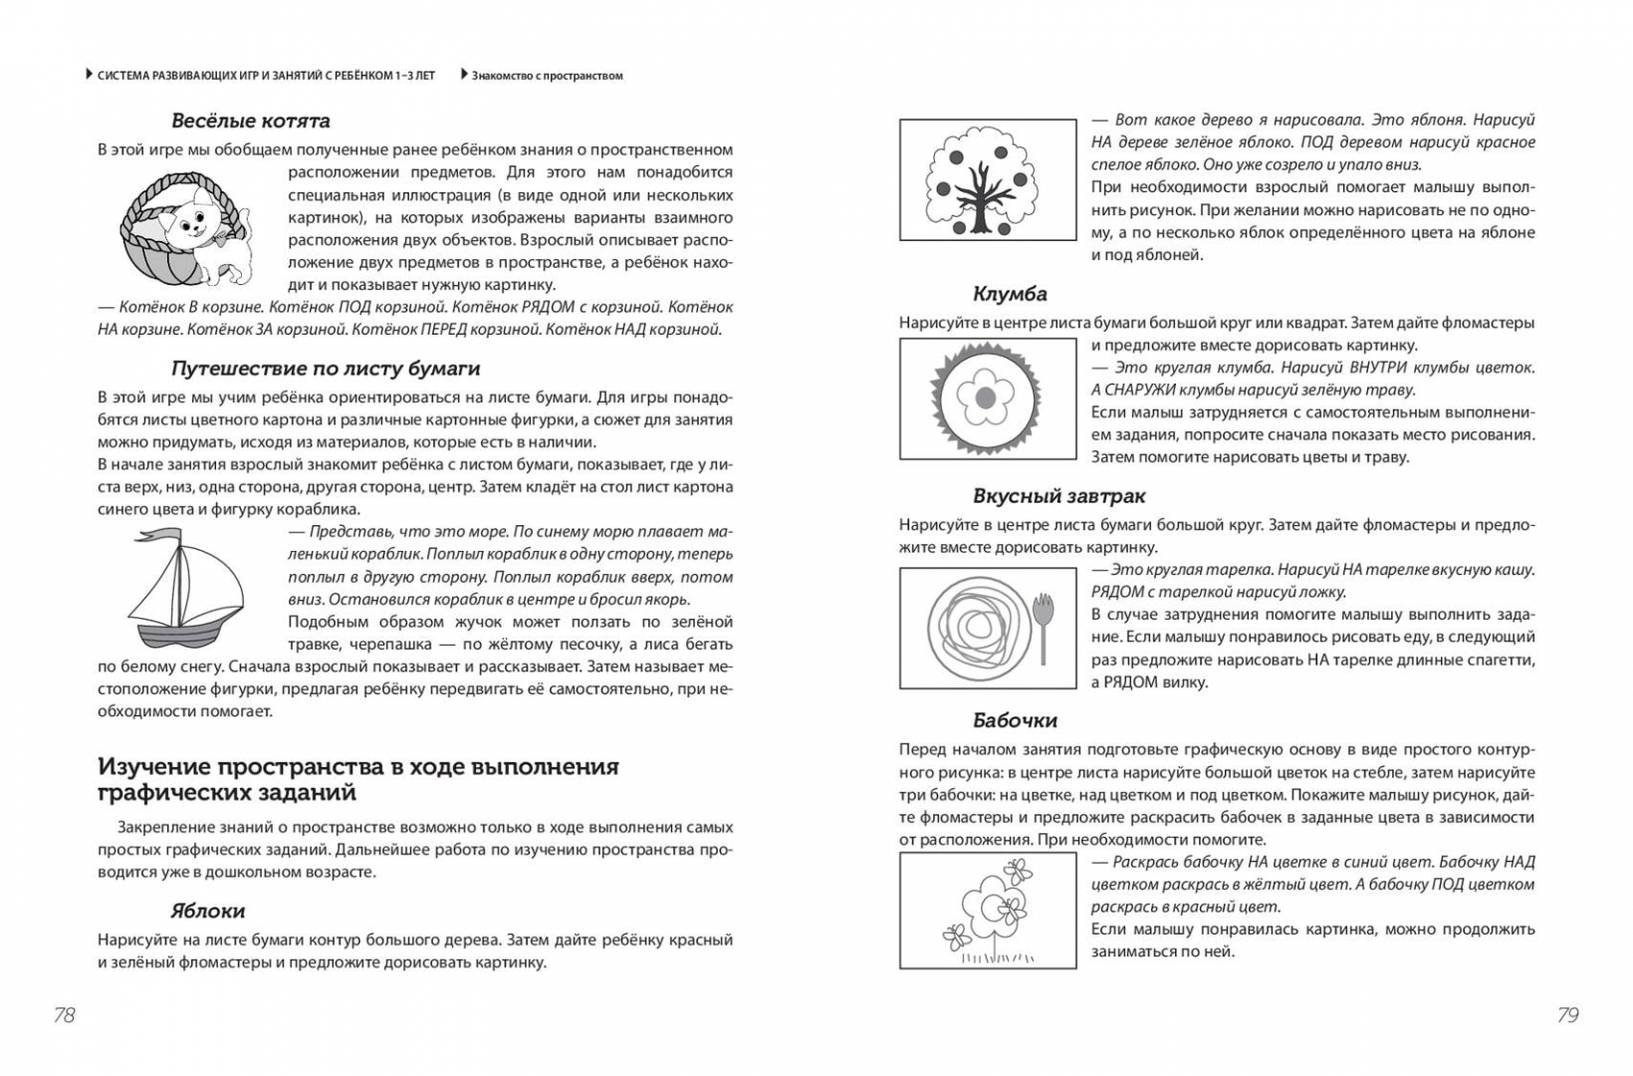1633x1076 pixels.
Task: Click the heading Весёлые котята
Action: click(x=250, y=121)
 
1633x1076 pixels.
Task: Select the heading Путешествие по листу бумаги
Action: click(x=326, y=368)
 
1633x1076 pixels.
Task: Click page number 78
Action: click(x=64, y=1015)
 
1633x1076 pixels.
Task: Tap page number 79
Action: click(x=1567, y=1015)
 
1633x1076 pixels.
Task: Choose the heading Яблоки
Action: click(x=207, y=911)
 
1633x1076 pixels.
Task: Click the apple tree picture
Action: click(x=987, y=180)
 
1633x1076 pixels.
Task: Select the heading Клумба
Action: click(x=1010, y=294)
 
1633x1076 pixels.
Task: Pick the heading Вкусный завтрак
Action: click(x=1058, y=495)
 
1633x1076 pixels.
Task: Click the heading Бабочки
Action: click(x=1015, y=719)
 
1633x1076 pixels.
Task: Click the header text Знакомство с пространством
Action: click(x=547, y=75)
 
